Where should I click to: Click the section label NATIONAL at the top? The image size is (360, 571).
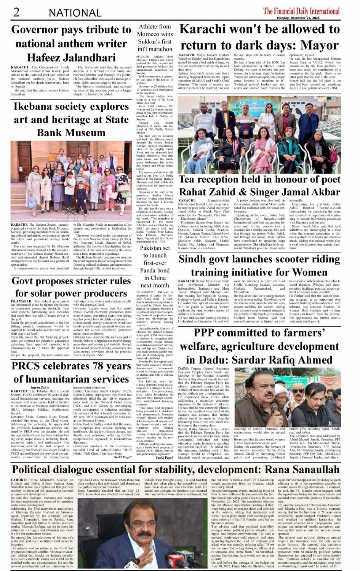[x=75, y=13]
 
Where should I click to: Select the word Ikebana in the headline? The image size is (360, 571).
[x=34, y=107]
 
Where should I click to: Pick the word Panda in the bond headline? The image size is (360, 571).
[x=150, y=270]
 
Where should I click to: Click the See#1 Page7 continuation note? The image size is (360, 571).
[x=123, y=457]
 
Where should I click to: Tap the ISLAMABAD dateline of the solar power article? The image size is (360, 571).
[x=24, y=301]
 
